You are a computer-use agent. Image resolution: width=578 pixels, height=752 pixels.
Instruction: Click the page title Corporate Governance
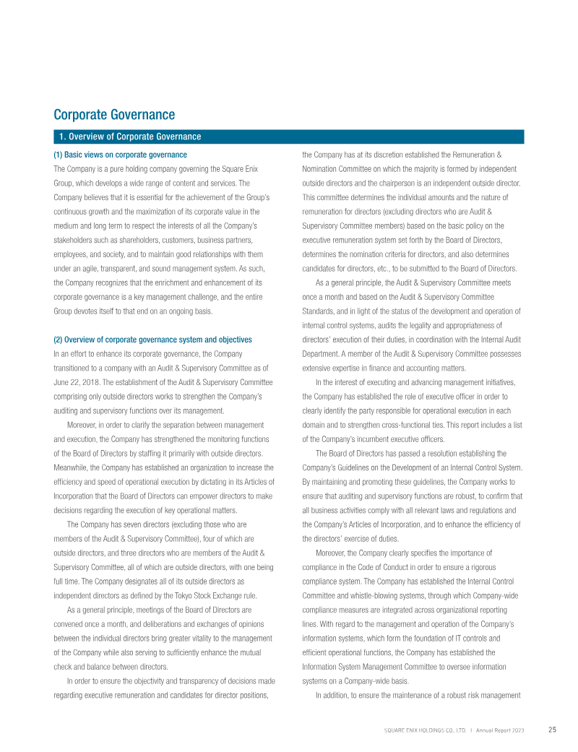(114, 115)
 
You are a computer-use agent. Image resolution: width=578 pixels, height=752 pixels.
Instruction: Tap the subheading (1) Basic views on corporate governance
(120, 155)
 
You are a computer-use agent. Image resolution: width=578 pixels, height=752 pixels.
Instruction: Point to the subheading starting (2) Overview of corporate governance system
(153, 340)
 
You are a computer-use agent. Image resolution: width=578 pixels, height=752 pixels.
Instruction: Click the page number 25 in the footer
(552, 730)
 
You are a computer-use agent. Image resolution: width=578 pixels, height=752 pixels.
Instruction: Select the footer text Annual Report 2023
(499, 730)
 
